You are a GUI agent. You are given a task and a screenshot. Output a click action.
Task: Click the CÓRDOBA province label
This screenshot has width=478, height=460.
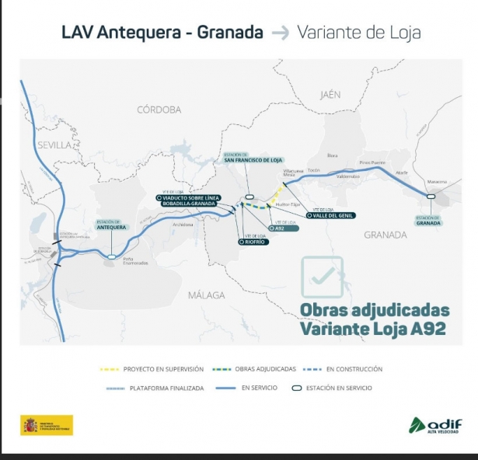point(159,110)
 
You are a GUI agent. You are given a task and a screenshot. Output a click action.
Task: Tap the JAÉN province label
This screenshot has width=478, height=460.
point(330,94)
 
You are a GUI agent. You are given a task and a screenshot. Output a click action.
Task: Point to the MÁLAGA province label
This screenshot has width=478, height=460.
point(206,294)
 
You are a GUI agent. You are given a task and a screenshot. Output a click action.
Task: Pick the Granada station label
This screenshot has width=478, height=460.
point(428,220)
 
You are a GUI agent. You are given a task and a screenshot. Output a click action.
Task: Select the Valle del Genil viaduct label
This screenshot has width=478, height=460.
point(332,215)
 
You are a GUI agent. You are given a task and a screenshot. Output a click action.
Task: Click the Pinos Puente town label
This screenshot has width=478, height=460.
point(372,162)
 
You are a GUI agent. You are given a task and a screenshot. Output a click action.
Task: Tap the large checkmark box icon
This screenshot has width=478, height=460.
point(322,276)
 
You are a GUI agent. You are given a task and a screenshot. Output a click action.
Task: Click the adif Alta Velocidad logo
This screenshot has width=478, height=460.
point(435,426)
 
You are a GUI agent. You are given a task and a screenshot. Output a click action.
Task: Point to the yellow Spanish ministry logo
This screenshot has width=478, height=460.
point(47,426)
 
